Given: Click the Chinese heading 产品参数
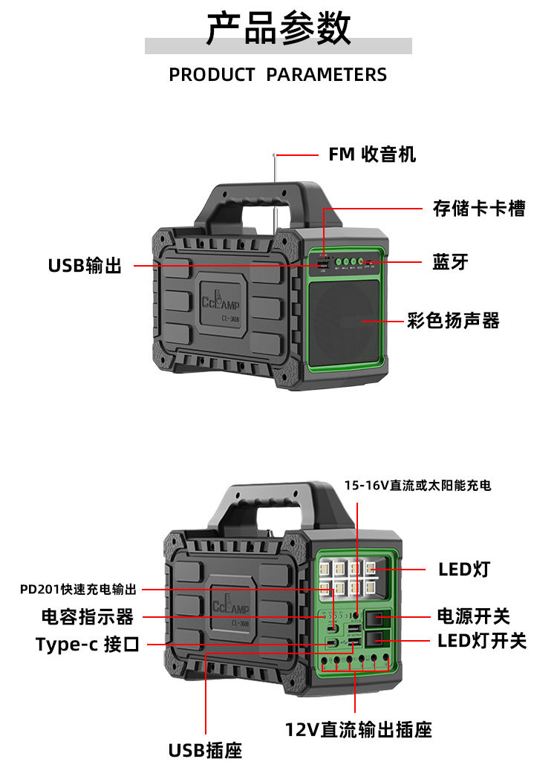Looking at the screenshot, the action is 278,29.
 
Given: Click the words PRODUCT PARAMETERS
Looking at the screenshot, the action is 278,74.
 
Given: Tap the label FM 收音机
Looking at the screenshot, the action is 372,154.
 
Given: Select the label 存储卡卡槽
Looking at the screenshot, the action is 479,209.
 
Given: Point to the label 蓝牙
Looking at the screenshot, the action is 450,262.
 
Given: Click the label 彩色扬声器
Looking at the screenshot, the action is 453,321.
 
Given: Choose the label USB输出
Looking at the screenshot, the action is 85,265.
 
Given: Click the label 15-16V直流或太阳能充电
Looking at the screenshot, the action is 417,486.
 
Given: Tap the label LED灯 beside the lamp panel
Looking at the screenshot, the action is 464,570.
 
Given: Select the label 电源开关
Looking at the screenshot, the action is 473,616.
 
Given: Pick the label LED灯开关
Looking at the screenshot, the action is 481,640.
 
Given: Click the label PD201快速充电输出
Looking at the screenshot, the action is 79,590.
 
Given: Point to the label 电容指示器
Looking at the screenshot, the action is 87,616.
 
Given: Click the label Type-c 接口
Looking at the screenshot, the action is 87,644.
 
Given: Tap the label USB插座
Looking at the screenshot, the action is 205,750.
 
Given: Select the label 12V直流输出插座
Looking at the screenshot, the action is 358,730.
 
